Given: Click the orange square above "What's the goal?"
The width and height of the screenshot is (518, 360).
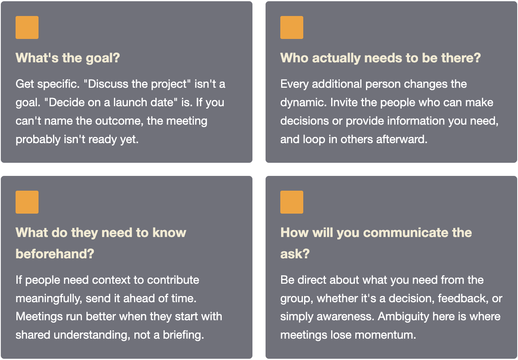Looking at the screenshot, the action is coord(27,27).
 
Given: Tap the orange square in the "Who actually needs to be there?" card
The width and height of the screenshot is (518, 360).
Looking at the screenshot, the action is coord(292,27).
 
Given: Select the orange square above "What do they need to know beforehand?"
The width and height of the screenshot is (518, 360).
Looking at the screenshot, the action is coord(27,202).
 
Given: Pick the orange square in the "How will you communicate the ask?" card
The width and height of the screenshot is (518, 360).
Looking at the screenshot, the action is coord(292,202).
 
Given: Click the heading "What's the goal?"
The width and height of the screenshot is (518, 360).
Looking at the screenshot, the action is coord(68,58).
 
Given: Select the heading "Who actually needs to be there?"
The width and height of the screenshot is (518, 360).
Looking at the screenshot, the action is coord(380,58).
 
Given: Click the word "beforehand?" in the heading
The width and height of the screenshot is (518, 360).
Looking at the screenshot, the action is coord(55,254).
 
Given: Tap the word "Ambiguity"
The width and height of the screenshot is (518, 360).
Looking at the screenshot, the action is coord(403,317).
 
